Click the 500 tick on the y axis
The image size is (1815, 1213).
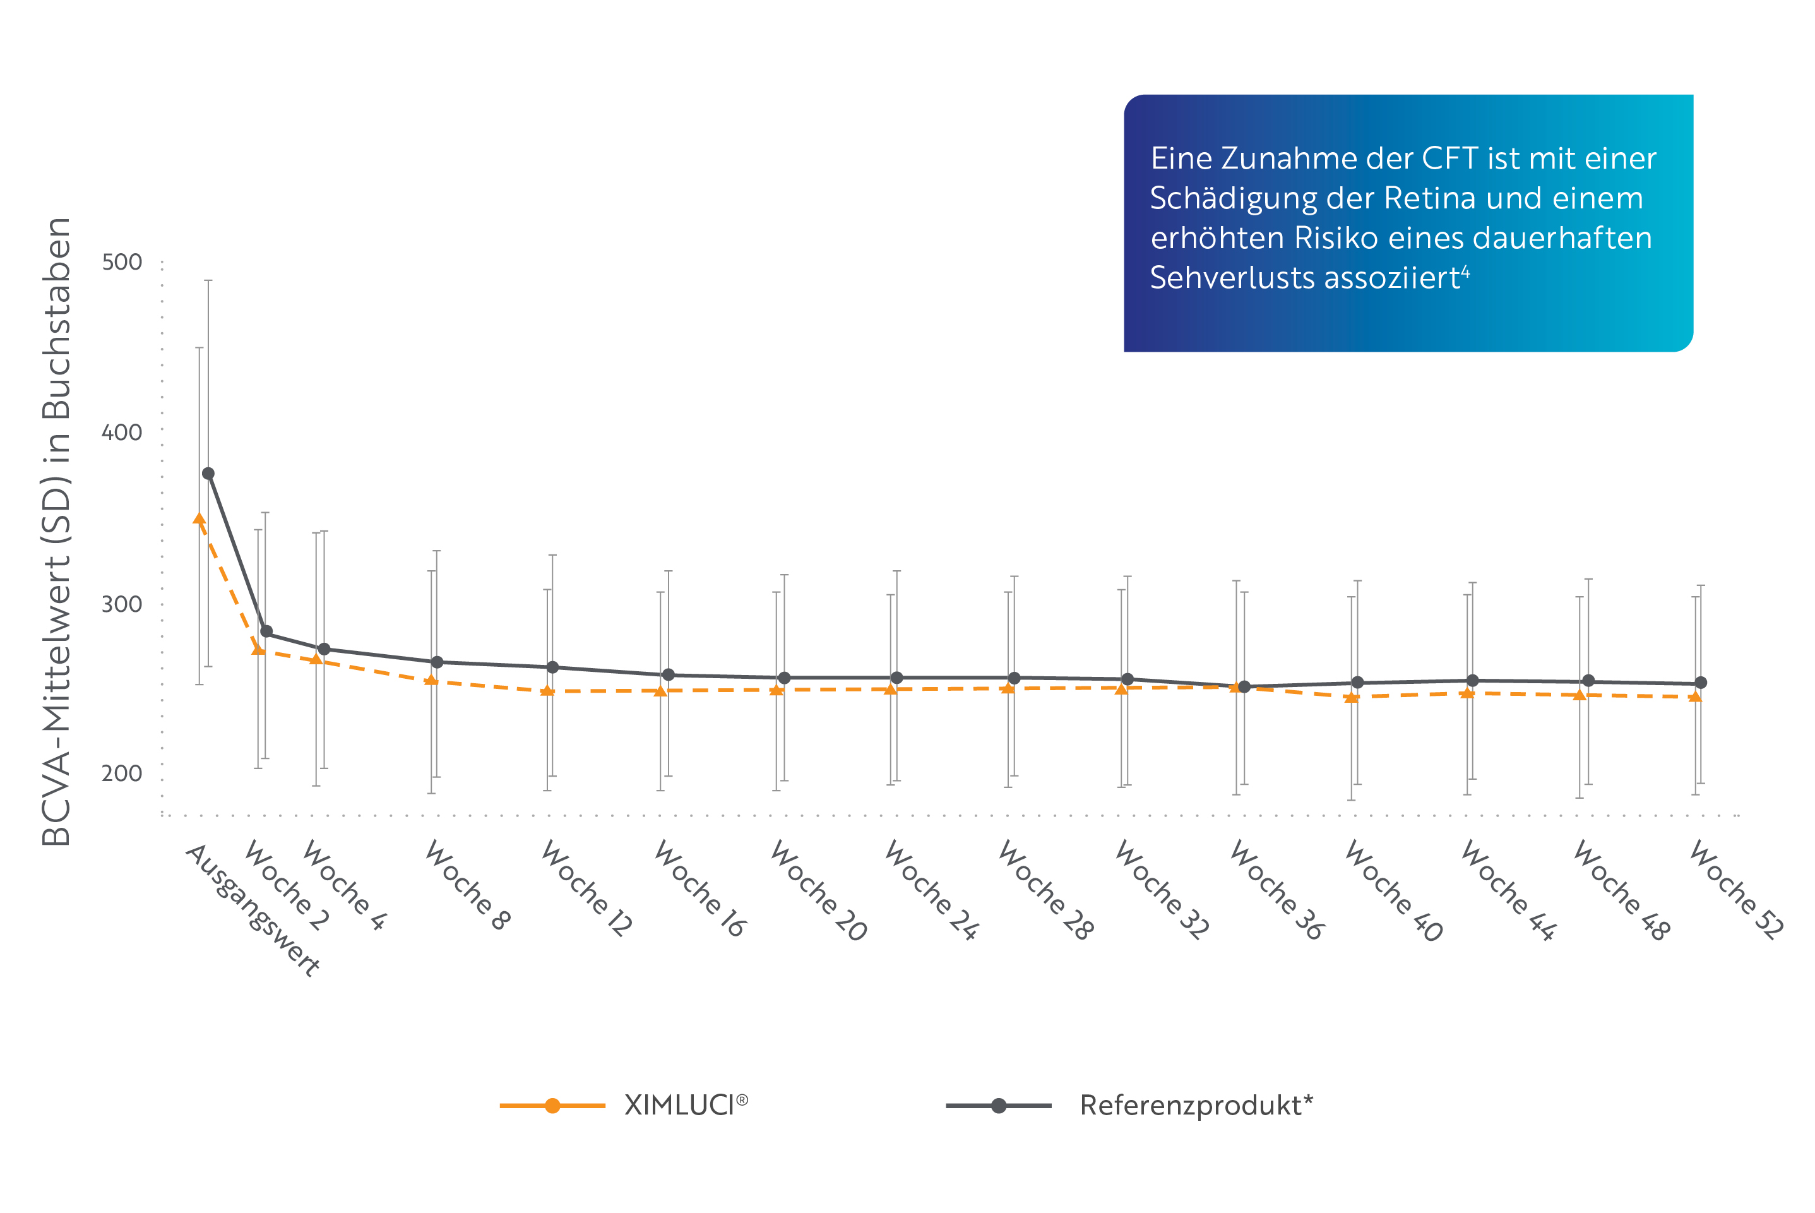pos(122,262)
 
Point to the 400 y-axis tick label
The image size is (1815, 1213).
pos(122,433)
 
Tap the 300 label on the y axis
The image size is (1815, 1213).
pos(122,604)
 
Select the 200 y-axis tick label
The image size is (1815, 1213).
pos(122,773)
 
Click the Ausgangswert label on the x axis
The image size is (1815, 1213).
pos(253,910)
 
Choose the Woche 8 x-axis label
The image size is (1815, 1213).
pos(467,885)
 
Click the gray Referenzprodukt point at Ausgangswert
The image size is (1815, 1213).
pos(208,474)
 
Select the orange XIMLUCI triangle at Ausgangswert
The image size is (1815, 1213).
pos(199,520)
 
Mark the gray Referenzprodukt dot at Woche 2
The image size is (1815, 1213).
pos(266,632)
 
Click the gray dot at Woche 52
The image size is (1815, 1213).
pos(1701,683)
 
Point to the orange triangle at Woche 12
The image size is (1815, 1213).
pos(547,691)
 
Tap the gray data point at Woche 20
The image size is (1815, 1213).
pos(784,678)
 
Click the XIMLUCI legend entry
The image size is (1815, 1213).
pos(684,1106)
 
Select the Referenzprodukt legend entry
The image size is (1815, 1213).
pos(1195,1106)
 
